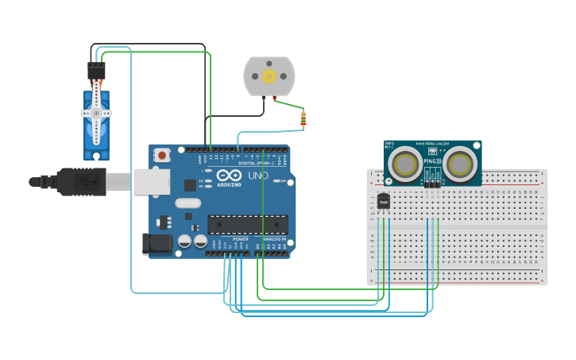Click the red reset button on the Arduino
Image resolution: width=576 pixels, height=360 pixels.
click(162, 155)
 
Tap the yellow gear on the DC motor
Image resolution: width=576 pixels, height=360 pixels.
click(269, 76)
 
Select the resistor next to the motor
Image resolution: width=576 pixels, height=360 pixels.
click(303, 119)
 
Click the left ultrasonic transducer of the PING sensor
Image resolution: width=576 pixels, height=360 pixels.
click(405, 164)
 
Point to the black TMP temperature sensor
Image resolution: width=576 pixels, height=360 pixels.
click(384, 202)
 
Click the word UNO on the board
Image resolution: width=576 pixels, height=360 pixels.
click(258, 176)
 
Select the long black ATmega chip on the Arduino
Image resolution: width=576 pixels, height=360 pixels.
click(248, 224)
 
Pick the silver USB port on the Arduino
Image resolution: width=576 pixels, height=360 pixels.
click(151, 182)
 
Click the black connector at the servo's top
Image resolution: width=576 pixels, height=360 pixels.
click(96, 71)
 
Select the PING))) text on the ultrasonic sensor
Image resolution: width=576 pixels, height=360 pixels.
click(432, 161)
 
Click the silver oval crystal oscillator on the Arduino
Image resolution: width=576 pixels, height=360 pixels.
click(188, 203)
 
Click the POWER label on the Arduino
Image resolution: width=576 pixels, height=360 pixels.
click(240, 239)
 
